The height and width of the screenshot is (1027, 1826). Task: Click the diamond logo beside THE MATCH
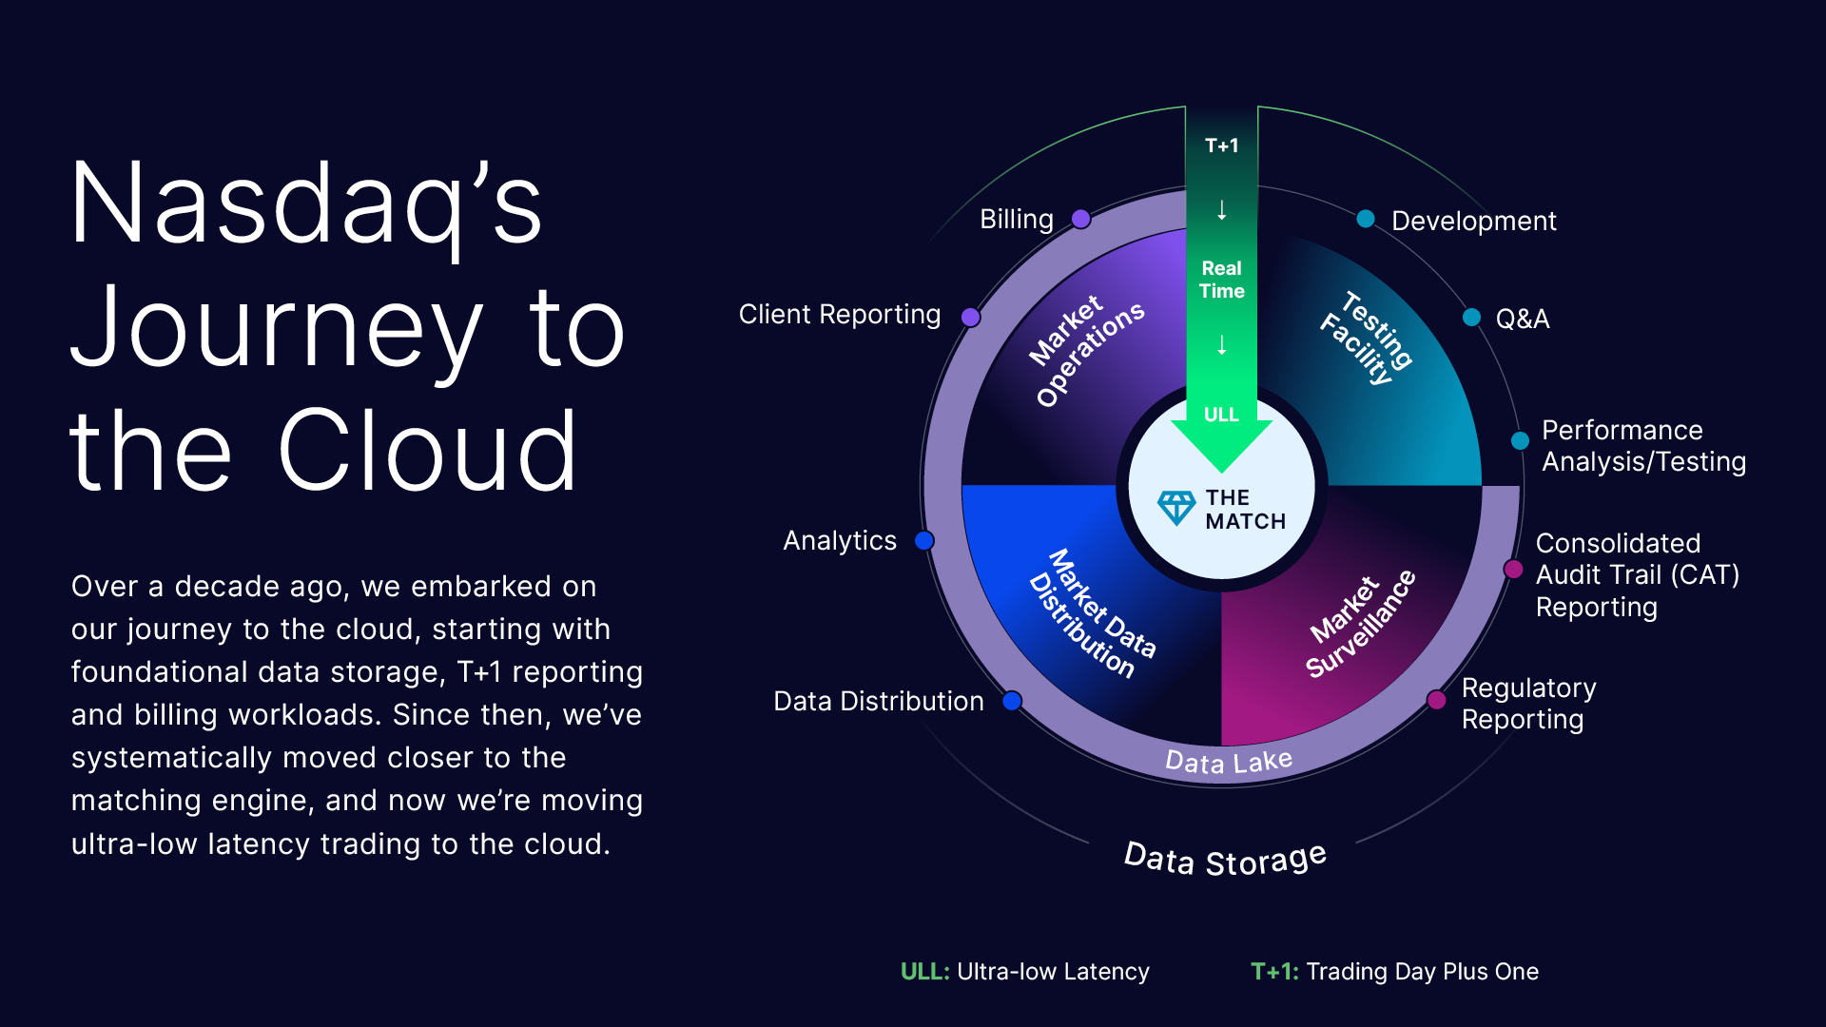[x=1176, y=508]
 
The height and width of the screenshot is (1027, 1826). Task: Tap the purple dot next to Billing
[x=1080, y=220]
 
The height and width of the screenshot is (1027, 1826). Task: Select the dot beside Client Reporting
[x=970, y=317]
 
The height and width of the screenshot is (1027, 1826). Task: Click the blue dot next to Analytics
[x=923, y=541]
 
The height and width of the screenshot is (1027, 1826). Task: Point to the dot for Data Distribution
[x=1012, y=701]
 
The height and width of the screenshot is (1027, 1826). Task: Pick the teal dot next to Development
[x=1366, y=220]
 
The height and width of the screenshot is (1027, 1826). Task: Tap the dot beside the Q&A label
[x=1471, y=318]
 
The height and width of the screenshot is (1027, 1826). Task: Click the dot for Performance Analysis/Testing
[x=1520, y=440]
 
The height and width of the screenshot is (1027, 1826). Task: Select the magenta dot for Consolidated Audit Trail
[x=1513, y=570]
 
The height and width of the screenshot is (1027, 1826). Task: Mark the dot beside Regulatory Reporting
[x=1436, y=701]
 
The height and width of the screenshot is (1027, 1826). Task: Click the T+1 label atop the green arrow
[x=1222, y=145]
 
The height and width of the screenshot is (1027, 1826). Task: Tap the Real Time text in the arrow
[x=1222, y=280]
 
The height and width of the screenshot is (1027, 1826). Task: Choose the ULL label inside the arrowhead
[x=1221, y=415]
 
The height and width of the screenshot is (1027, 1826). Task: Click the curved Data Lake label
[x=1229, y=762]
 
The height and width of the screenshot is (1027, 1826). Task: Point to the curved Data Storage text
[x=1225, y=860]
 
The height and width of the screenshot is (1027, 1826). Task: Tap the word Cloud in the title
[x=427, y=451]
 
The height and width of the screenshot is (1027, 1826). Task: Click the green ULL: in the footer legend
[x=924, y=972]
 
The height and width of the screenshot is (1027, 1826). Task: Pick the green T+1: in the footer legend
[x=1274, y=972]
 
